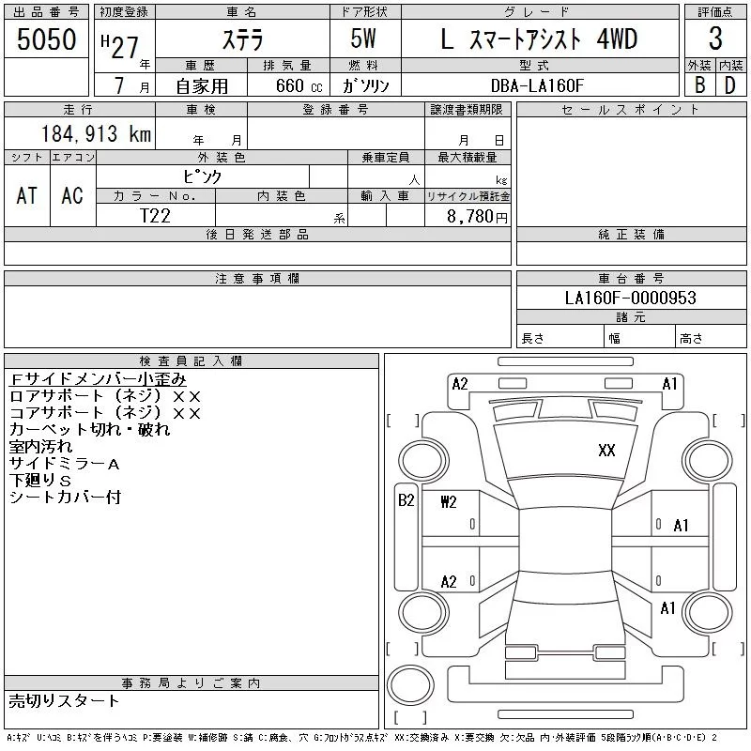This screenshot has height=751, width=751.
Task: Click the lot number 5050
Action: click(x=47, y=38)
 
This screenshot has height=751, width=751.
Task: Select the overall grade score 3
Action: click(x=715, y=39)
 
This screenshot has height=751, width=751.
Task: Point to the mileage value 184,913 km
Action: click(x=96, y=134)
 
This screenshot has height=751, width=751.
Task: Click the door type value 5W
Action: click(x=365, y=39)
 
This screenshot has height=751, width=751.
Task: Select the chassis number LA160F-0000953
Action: click(x=631, y=299)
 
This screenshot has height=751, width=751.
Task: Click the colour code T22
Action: click(x=156, y=215)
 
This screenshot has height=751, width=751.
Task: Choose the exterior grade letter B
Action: click(x=698, y=85)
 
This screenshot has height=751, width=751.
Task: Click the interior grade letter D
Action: click(x=729, y=85)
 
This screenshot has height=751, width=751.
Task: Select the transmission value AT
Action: click(x=27, y=195)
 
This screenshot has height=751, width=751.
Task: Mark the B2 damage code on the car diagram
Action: click(x=406, y=500)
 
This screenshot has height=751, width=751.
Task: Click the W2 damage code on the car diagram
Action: click(x=449, y=501)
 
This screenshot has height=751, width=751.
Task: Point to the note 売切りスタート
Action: click(x=65, y=700)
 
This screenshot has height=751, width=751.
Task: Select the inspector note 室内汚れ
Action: click(x=38, y=446)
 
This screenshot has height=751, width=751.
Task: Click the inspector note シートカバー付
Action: click(x=65, y=497)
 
